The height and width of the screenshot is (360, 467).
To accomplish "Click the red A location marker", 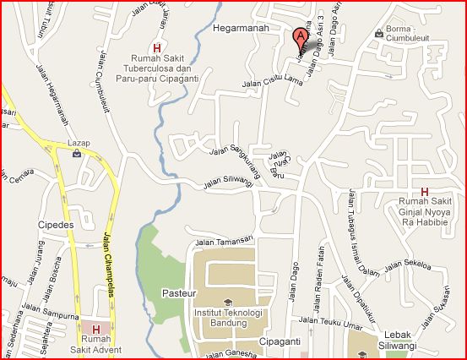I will coord(299,38).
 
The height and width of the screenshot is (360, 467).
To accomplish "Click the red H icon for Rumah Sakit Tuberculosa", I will coord(156,47).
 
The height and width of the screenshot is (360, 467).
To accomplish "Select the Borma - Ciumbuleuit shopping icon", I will coord(378,33).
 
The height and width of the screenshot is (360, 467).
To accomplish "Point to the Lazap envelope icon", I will coord(78,154).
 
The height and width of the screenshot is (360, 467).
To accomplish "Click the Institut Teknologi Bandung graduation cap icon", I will coord(227,302).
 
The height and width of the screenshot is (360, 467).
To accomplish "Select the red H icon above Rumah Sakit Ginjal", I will coord(424,191).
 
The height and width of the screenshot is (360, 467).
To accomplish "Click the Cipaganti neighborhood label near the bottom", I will coord(281,343).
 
